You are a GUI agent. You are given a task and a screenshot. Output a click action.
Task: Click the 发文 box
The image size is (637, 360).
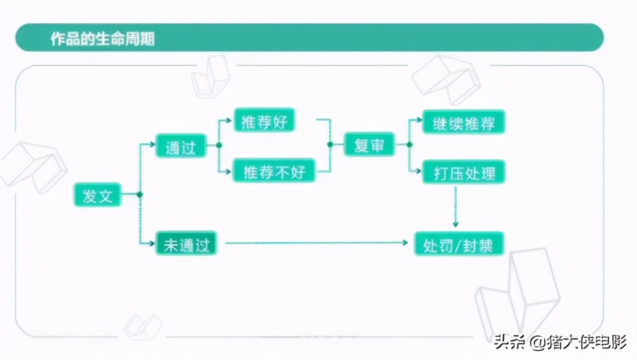click(x=97, y=195)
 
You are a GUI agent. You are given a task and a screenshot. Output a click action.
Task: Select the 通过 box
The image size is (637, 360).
click(x=181, y=147)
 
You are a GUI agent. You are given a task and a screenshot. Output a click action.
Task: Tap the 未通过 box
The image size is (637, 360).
click(x=186, y=243)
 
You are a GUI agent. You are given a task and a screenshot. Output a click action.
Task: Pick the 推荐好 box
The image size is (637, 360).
click(x=264, y=121)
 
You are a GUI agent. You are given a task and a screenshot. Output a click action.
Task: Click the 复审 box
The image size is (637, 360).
click(x=369, y=145)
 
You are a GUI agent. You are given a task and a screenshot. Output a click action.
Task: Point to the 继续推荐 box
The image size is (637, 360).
click(x=464, y=122)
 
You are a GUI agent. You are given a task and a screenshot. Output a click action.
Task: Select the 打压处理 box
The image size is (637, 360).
click(x=464, y=172)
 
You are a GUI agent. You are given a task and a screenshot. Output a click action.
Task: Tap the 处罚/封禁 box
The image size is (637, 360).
click(x=459, y=244)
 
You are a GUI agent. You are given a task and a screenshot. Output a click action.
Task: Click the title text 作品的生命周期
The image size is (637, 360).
click(x=102, y=39)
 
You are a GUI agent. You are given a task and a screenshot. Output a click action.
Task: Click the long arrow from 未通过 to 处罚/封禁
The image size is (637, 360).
click(x=316, y=243)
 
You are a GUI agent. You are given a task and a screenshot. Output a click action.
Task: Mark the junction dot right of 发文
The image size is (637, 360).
click(x=140, y=195)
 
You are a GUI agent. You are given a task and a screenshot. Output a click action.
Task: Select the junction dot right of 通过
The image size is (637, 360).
click(x=219, y=145)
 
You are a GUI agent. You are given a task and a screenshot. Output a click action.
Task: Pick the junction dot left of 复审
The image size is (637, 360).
click(x=330, y=145)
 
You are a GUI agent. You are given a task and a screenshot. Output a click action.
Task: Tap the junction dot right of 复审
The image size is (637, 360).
click(x=409, y=145)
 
